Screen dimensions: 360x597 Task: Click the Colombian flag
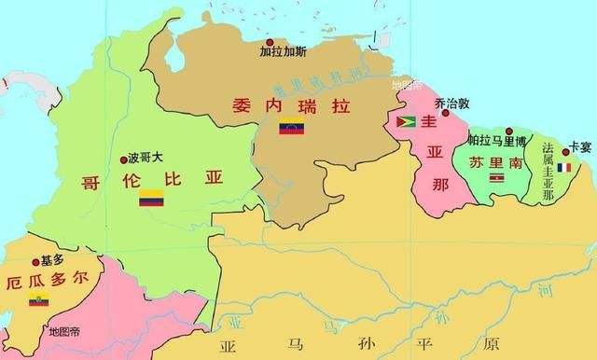coord(152,198)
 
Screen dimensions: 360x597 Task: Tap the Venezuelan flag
coord(292,127)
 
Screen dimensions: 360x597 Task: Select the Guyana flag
coord(407,121)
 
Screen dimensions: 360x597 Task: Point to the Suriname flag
coord(496,176)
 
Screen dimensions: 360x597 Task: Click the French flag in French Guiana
coord(563,168)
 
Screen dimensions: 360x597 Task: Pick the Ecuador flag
coord(38,299)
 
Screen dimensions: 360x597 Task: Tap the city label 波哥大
coord(144,159)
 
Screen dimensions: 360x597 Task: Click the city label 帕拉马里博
coord(497,141)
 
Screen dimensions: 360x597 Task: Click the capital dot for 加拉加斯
coord(269,43)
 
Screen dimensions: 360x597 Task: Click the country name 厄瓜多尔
coord(49,280)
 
